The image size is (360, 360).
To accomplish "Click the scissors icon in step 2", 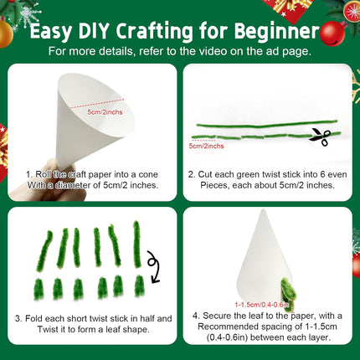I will click(x=320, y=136).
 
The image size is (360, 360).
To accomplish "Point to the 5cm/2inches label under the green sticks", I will click(x=206, y=146).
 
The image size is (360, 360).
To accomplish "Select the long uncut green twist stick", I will click(x=265, y=124).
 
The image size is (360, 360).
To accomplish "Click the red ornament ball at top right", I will click(x=332, y=33).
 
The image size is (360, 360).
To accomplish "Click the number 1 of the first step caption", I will click(x=29, y=174).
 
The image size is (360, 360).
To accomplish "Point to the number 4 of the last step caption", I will click(x=194, y=316).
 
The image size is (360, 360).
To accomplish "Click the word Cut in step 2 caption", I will click(x=214, y=174).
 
